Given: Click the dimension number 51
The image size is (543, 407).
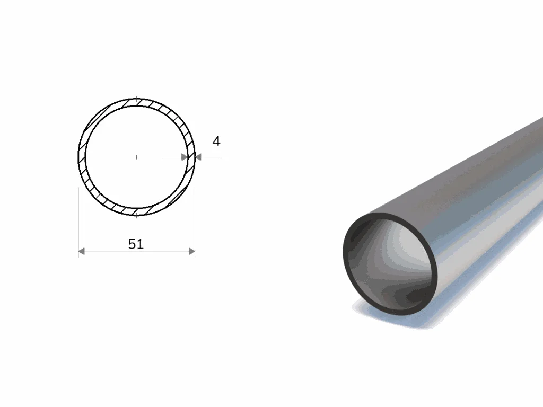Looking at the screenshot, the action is point(136,244).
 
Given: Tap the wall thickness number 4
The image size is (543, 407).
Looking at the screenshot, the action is point(216,141).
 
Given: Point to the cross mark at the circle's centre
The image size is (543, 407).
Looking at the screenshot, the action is point(136,157).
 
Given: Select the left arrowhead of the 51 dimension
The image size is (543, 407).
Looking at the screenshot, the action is point(81,251).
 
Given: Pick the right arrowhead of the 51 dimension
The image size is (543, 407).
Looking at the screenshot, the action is point(192,251).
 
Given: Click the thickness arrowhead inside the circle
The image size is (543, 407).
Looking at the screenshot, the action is point(185,157).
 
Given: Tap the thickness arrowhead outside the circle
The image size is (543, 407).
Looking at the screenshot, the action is point(198,157).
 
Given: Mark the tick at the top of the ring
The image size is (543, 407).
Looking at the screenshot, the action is point(136,99).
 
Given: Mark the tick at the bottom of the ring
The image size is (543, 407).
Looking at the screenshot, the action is point(136,215).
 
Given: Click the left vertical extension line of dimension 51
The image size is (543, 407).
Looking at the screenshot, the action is point(78,223).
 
